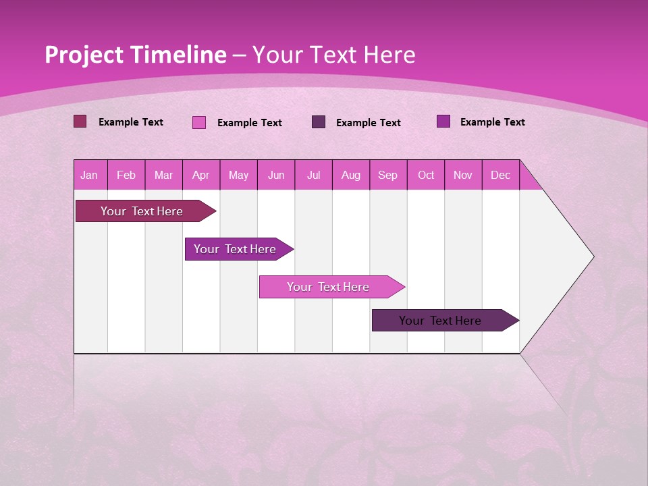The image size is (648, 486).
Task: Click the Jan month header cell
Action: click(90, 175)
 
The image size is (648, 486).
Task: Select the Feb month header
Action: click(126, 175)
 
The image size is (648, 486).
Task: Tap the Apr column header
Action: click(201, 175)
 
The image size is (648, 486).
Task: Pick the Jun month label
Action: click(276, 175)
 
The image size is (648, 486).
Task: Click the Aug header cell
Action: click(351, 175)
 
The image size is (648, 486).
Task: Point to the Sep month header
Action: click(388, 175)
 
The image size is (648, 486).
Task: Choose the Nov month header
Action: click(463, 175)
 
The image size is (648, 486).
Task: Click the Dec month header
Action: click(501, 175)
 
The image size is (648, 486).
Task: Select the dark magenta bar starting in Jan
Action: click(142, 211)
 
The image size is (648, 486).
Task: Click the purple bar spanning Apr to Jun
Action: click(235, 249)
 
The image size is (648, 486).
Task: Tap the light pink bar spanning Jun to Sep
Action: click(328, 287)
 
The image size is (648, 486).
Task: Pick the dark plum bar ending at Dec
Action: click(440, 321)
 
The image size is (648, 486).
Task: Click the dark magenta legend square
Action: click(80, 122)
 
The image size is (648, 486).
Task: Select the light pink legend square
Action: click(199, 122)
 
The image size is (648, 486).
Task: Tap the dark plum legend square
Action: click(319, 122)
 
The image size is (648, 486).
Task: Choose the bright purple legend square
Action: click(443, 122)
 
